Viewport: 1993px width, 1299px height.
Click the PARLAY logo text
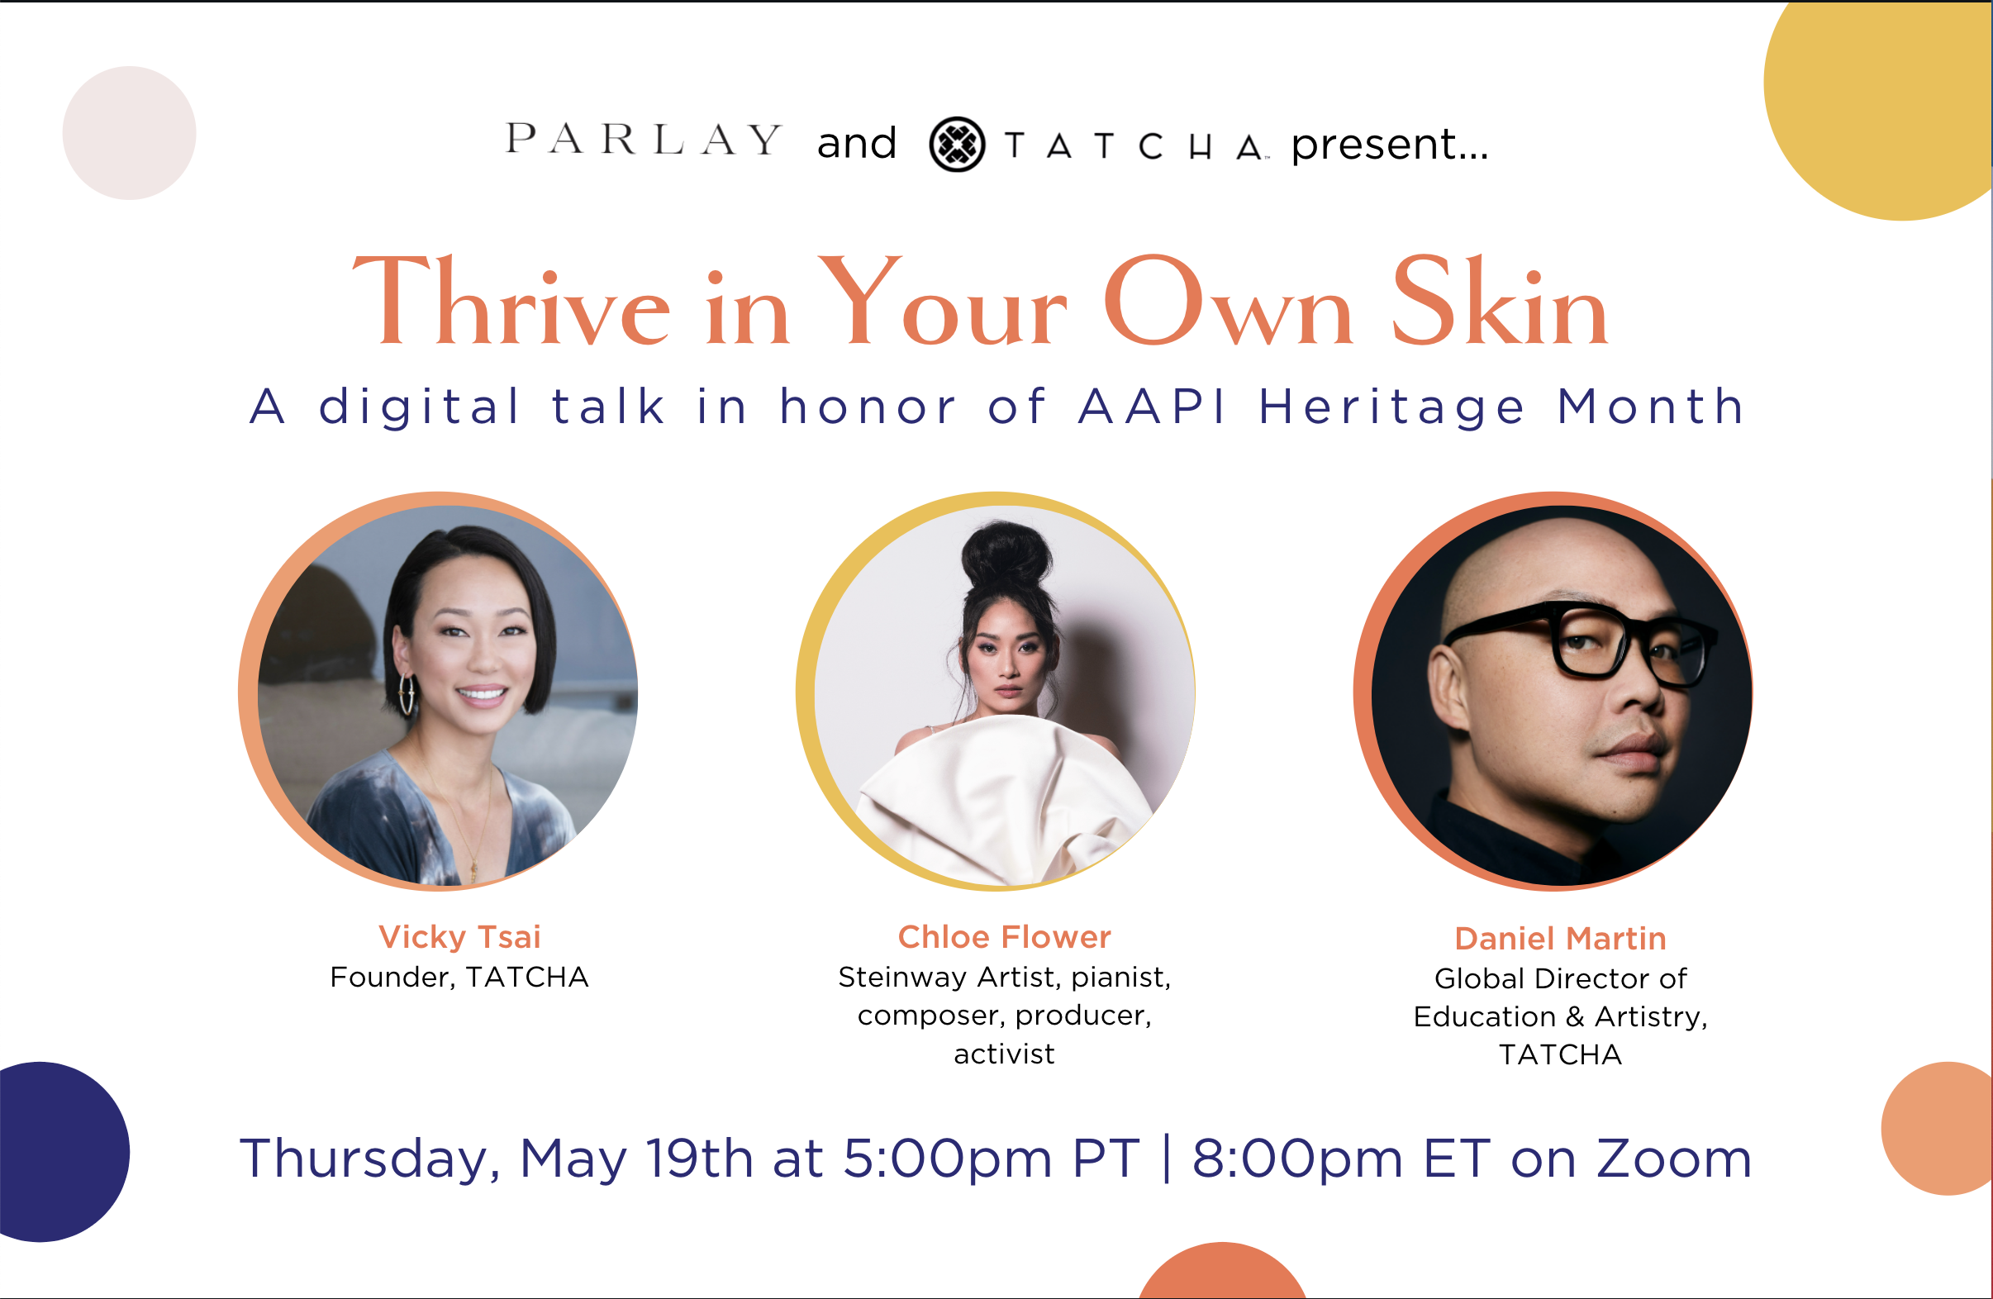643,140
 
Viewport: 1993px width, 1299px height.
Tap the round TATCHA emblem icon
956,144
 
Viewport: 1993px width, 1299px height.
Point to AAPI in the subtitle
1153,407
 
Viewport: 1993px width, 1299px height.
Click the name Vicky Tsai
459,936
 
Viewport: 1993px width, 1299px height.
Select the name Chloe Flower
1004,936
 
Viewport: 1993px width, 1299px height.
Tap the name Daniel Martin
1560,938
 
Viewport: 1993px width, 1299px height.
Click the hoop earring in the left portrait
408,692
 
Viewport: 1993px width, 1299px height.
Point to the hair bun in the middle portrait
1005,553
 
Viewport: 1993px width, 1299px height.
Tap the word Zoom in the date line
1674,1159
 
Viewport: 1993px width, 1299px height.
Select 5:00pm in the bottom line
947,1159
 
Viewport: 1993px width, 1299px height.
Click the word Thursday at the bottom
369,1159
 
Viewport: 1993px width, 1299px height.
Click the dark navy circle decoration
50,1152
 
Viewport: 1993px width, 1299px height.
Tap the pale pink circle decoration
130,133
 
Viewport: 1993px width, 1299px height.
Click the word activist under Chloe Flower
1004,1054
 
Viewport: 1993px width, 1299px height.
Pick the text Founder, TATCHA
459,978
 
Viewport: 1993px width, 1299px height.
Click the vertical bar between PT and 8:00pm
1167,1159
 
